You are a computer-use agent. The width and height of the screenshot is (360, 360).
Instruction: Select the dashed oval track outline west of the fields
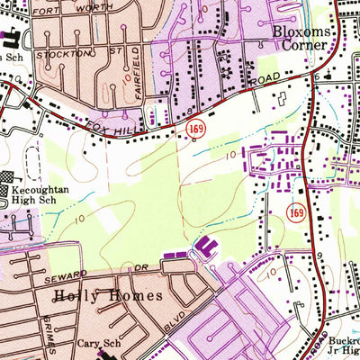pos(32,158)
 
